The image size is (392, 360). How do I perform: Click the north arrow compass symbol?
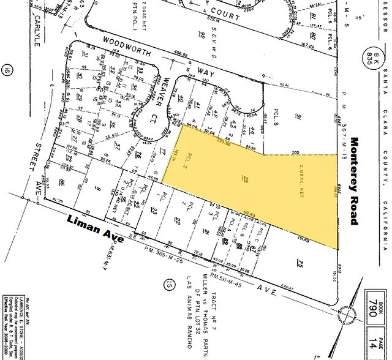click(352, 320)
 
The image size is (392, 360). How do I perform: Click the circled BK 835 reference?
click(371, 60)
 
